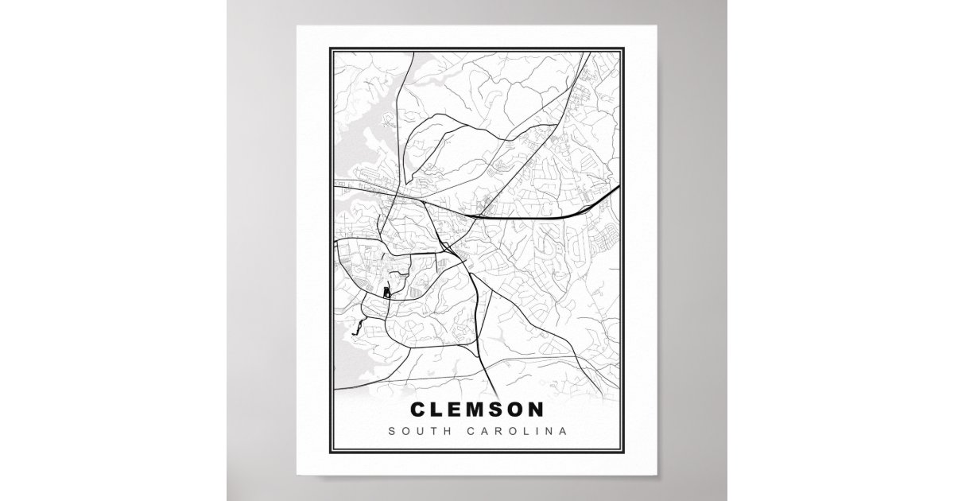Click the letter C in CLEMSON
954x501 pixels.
[419, 410]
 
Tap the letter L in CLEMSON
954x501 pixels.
[439, 410]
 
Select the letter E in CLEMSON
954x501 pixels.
[457, 410]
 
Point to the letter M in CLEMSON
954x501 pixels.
[479, 410]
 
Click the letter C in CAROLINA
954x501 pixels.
[474, 432]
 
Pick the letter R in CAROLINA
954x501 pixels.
[501, 432]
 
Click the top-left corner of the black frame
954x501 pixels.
[330, 48]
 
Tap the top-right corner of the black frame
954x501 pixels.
[624, 48]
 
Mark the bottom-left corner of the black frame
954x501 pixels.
[330, 452]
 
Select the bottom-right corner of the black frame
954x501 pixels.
[624, 452]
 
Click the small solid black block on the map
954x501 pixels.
[387, 293]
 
